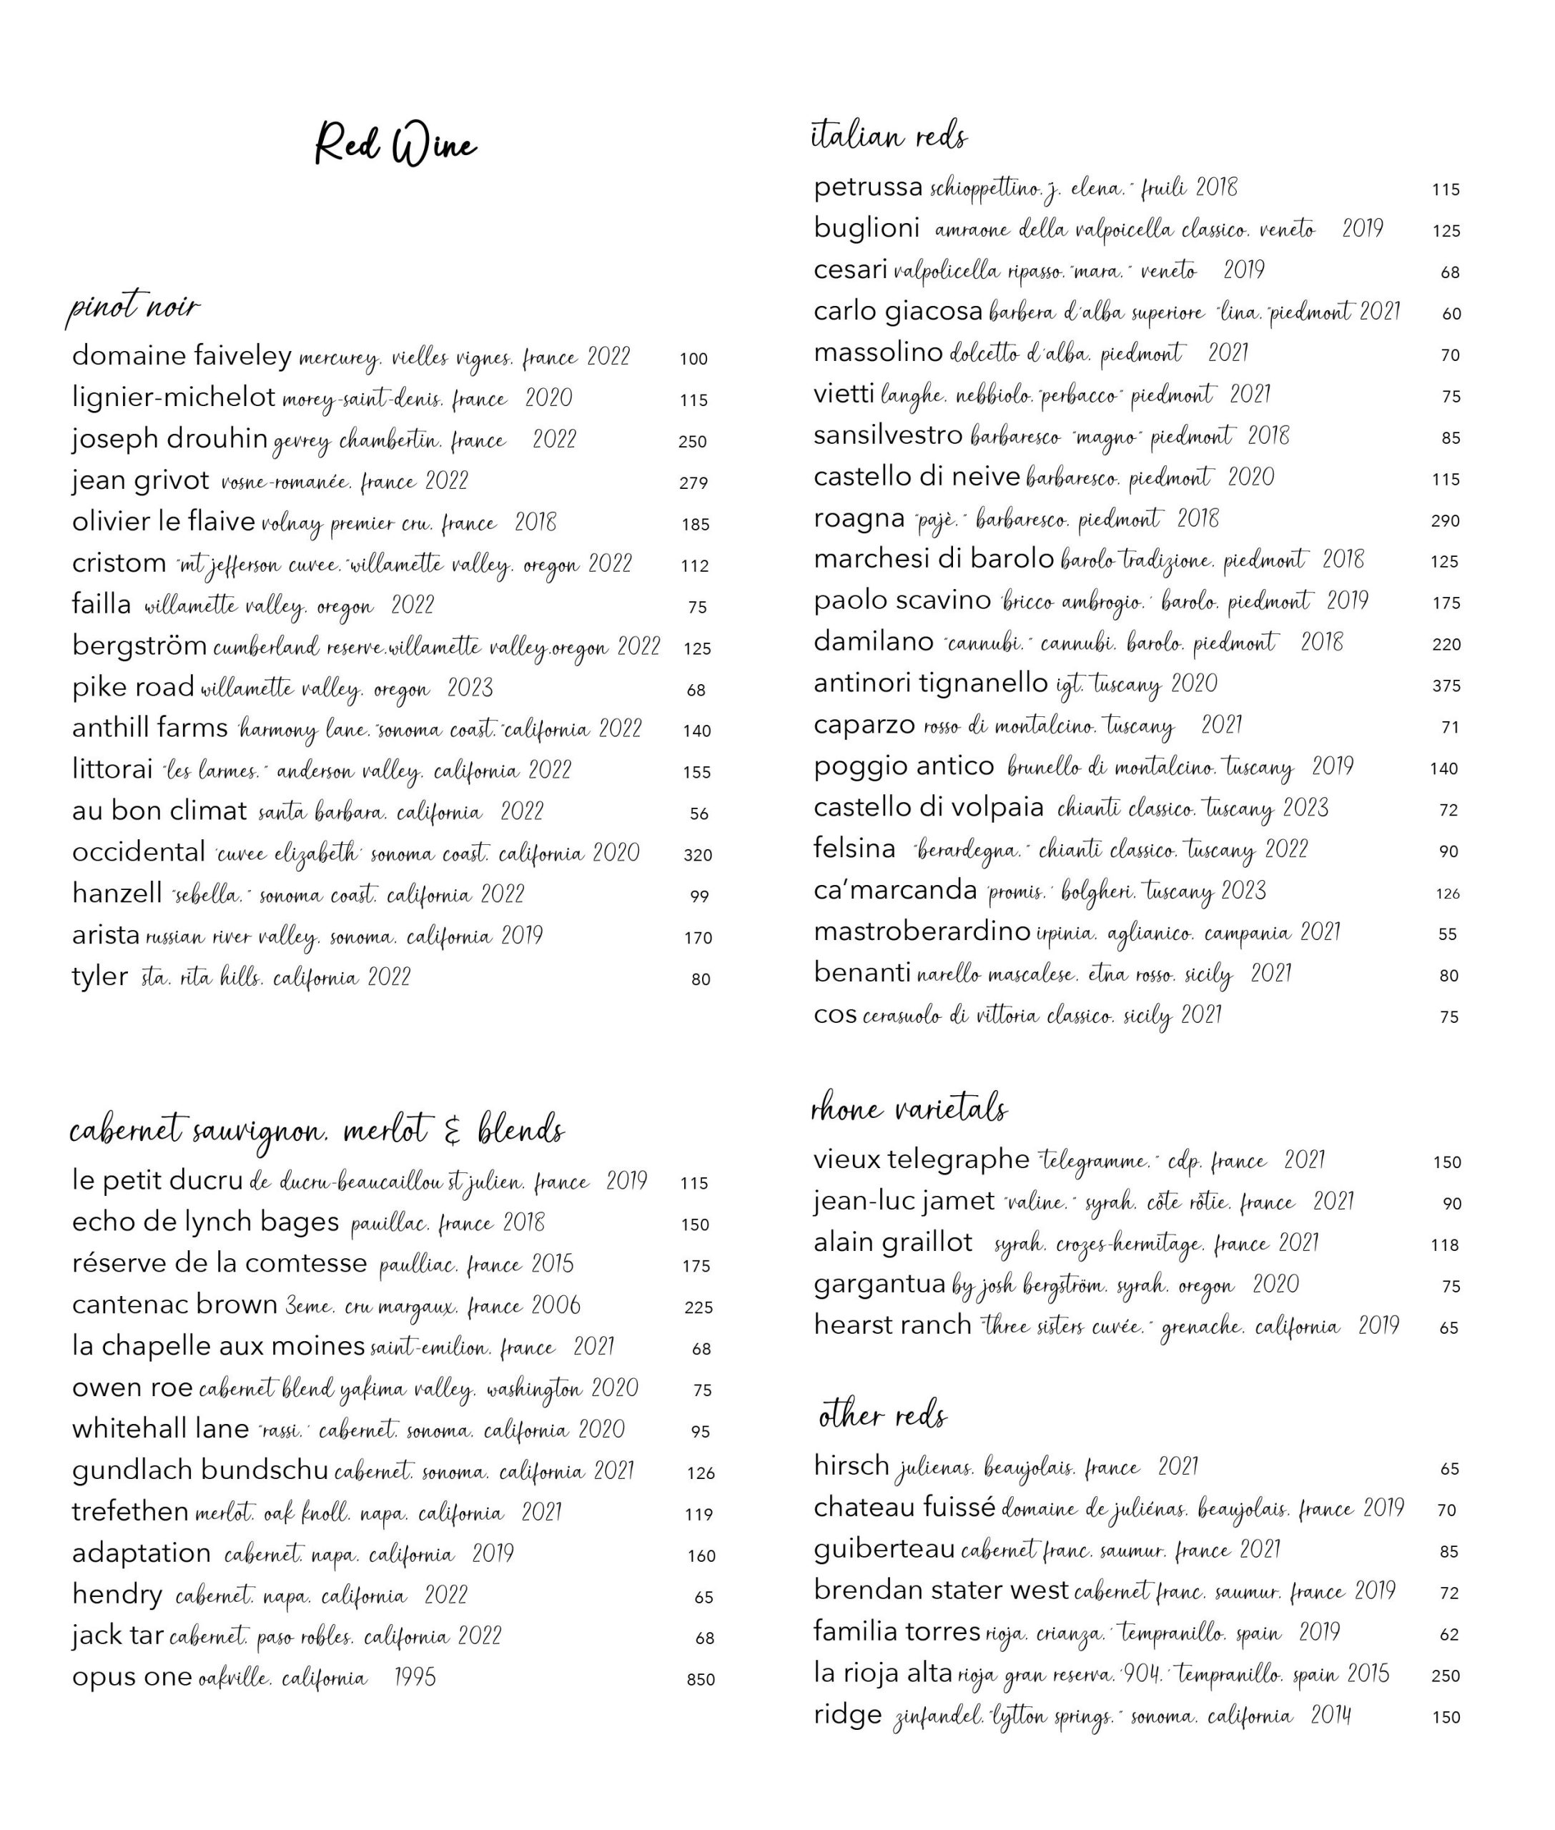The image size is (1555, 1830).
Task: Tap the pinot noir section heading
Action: [x=134, y=310]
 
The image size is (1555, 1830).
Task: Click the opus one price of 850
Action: [x=701, y=1680]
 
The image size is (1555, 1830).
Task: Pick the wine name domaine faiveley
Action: [x=182, y=356]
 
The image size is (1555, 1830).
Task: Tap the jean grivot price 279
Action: [x=693, y=483]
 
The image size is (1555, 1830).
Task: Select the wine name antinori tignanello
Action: [x=930, y=683]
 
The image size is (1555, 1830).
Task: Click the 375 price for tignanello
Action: [x=1446, y=686]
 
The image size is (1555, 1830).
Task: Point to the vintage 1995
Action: [x=415, y=1678]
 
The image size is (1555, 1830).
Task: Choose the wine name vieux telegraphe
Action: [x=921, y=1159]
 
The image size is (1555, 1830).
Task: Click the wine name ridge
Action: [x=848, y=1714]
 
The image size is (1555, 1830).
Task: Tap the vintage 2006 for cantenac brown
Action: [x=556, y=1305]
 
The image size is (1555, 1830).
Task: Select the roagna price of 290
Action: [x=1446, y=521]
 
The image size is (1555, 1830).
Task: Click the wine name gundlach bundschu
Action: [x=200, y=1470]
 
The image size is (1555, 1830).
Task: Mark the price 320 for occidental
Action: [x=697, y=855]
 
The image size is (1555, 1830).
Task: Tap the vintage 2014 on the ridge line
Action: [x=1331, y=1716]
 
